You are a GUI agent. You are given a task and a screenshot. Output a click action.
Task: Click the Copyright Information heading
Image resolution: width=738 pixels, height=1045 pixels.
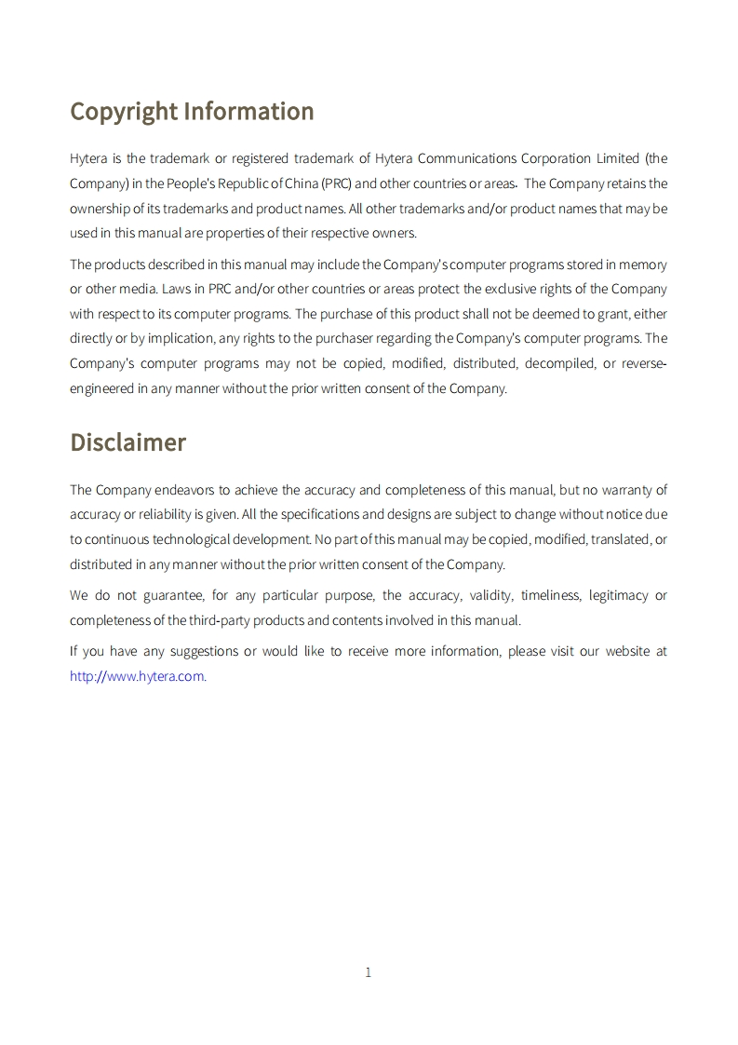click(x=192, y=112)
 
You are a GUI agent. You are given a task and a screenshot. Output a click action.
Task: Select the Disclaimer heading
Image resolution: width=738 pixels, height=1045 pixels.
click(x=127, y=442)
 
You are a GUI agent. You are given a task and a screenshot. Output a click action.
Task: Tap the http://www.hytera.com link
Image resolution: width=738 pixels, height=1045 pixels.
click(x=137, y=676)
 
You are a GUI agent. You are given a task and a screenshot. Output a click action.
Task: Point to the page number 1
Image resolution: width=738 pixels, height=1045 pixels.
click(x=368, y=972)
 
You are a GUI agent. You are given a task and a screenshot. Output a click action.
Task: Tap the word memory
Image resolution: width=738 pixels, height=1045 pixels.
click(x=643, y=265)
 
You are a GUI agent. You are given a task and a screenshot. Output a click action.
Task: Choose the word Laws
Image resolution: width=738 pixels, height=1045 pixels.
click(x=176, y=289)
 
